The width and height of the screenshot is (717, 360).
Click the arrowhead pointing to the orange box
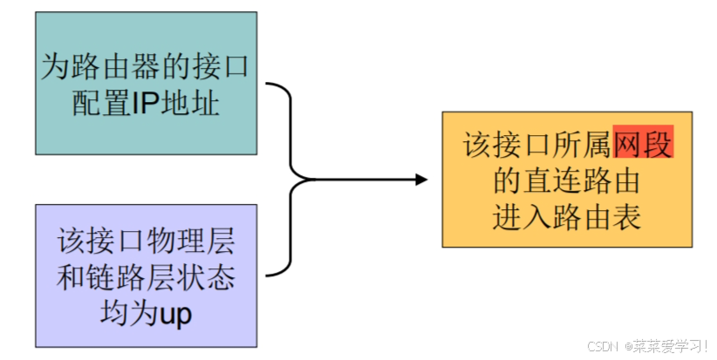(x=421, y=180)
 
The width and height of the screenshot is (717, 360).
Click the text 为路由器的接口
(x=146, y=67)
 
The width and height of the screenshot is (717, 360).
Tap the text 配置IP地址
(x=146, y=101)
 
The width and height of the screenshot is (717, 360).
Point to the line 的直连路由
(x=566, y=180)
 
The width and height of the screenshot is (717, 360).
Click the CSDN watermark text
(x=603, y=346)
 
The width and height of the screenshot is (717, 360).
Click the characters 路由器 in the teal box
(x=113, y=67)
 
